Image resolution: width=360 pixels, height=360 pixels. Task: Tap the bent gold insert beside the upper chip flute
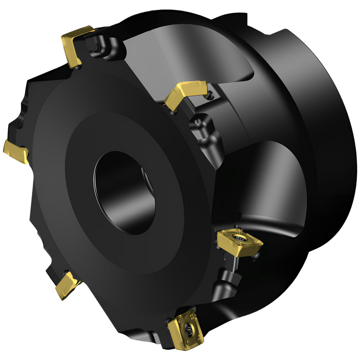coord(185,94)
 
